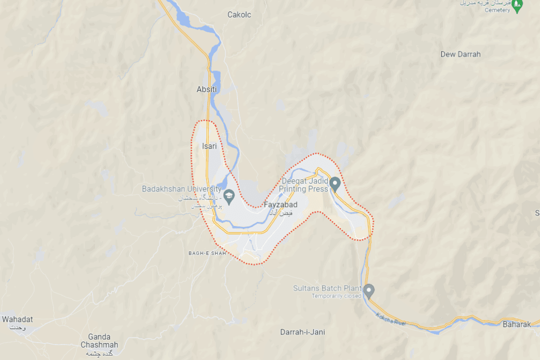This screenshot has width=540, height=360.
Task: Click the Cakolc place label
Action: click(239, 15)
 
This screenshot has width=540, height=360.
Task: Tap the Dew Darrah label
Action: click(460, 54)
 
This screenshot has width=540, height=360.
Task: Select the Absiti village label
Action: click(207, 89)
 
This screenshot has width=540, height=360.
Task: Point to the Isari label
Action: click(209, 146)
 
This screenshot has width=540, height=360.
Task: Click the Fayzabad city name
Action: click(280, 205)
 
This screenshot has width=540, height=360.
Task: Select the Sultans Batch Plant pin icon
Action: click(369, 290)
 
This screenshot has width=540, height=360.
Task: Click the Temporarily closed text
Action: click(336, 296)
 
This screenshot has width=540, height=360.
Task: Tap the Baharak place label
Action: click(516, 324)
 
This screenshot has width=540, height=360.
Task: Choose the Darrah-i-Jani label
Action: click(302, 332)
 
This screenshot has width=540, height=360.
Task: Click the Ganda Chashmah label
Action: click(99, 340)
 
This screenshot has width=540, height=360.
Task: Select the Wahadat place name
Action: click(17, 319)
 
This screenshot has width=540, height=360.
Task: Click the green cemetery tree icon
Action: click(517, 6)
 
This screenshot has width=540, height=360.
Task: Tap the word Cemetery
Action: click(497, 10)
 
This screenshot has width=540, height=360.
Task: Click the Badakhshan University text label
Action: click(181, 189)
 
